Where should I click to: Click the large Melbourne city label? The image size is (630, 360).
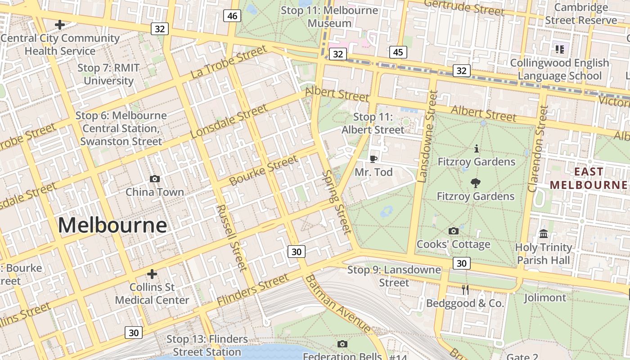(x=112, y=225)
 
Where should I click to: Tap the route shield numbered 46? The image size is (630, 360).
(x=232, y=16)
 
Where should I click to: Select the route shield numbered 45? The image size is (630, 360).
(x=398, y=52)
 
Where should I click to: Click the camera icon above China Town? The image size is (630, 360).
(x=155, y=179)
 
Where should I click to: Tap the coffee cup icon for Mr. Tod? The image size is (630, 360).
(x=373, y=159)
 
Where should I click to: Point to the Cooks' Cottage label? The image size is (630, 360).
(x=453, y=244)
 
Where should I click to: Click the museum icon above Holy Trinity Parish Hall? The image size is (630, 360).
(x=544, y=234)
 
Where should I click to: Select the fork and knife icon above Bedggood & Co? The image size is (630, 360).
(x=465, y=290)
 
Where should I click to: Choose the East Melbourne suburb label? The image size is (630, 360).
(x=589, y=178)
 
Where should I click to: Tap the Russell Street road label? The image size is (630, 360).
(x=232, y=238)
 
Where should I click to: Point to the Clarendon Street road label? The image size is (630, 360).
(x=538, y=148)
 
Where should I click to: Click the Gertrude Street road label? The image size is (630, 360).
(x=464, y=8)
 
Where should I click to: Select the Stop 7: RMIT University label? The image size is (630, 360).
(x=108, y=74)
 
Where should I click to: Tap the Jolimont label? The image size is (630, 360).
(x=545, y=297)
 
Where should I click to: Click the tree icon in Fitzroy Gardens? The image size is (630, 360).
(x=475, y=183)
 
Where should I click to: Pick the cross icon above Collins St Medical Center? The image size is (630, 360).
(x=152, y=274)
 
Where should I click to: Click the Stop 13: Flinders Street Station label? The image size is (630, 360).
(x=207, y=346)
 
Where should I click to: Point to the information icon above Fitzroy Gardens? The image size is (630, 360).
(x=476, y=148)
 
